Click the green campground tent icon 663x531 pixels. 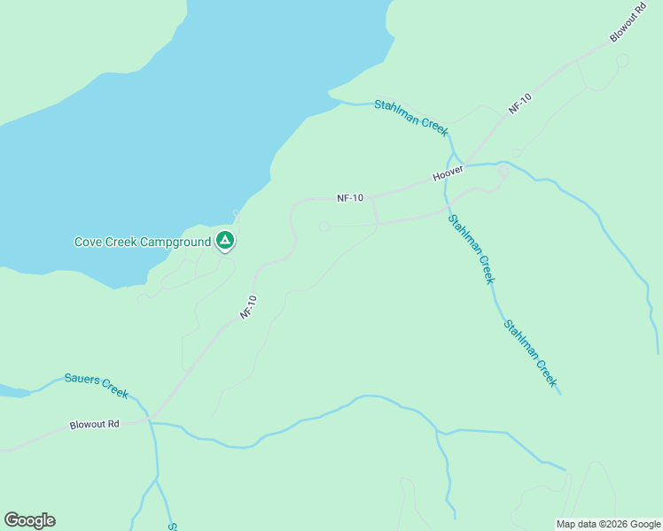click(225, 240)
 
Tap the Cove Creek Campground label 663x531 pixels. click(142, 242)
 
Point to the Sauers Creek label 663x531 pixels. click(97, 385)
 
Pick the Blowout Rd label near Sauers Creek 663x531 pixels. click(94, 425)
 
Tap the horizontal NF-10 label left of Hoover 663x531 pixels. click(350, 198)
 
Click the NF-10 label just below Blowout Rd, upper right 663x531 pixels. click(519, 103)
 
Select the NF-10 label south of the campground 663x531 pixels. click(248, 307)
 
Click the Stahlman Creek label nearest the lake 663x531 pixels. click(411, 117)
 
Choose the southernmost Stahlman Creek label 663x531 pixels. click(530, 353)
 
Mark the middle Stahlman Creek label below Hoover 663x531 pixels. click(470, 250)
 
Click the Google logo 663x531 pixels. click(29, 520)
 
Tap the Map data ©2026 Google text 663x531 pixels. click(608, 524)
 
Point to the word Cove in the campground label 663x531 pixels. click(87, 242)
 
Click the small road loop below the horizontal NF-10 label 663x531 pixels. click(325, 227)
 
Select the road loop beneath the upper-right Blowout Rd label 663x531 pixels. click(622, 61)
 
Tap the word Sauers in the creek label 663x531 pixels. click(81, 380)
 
